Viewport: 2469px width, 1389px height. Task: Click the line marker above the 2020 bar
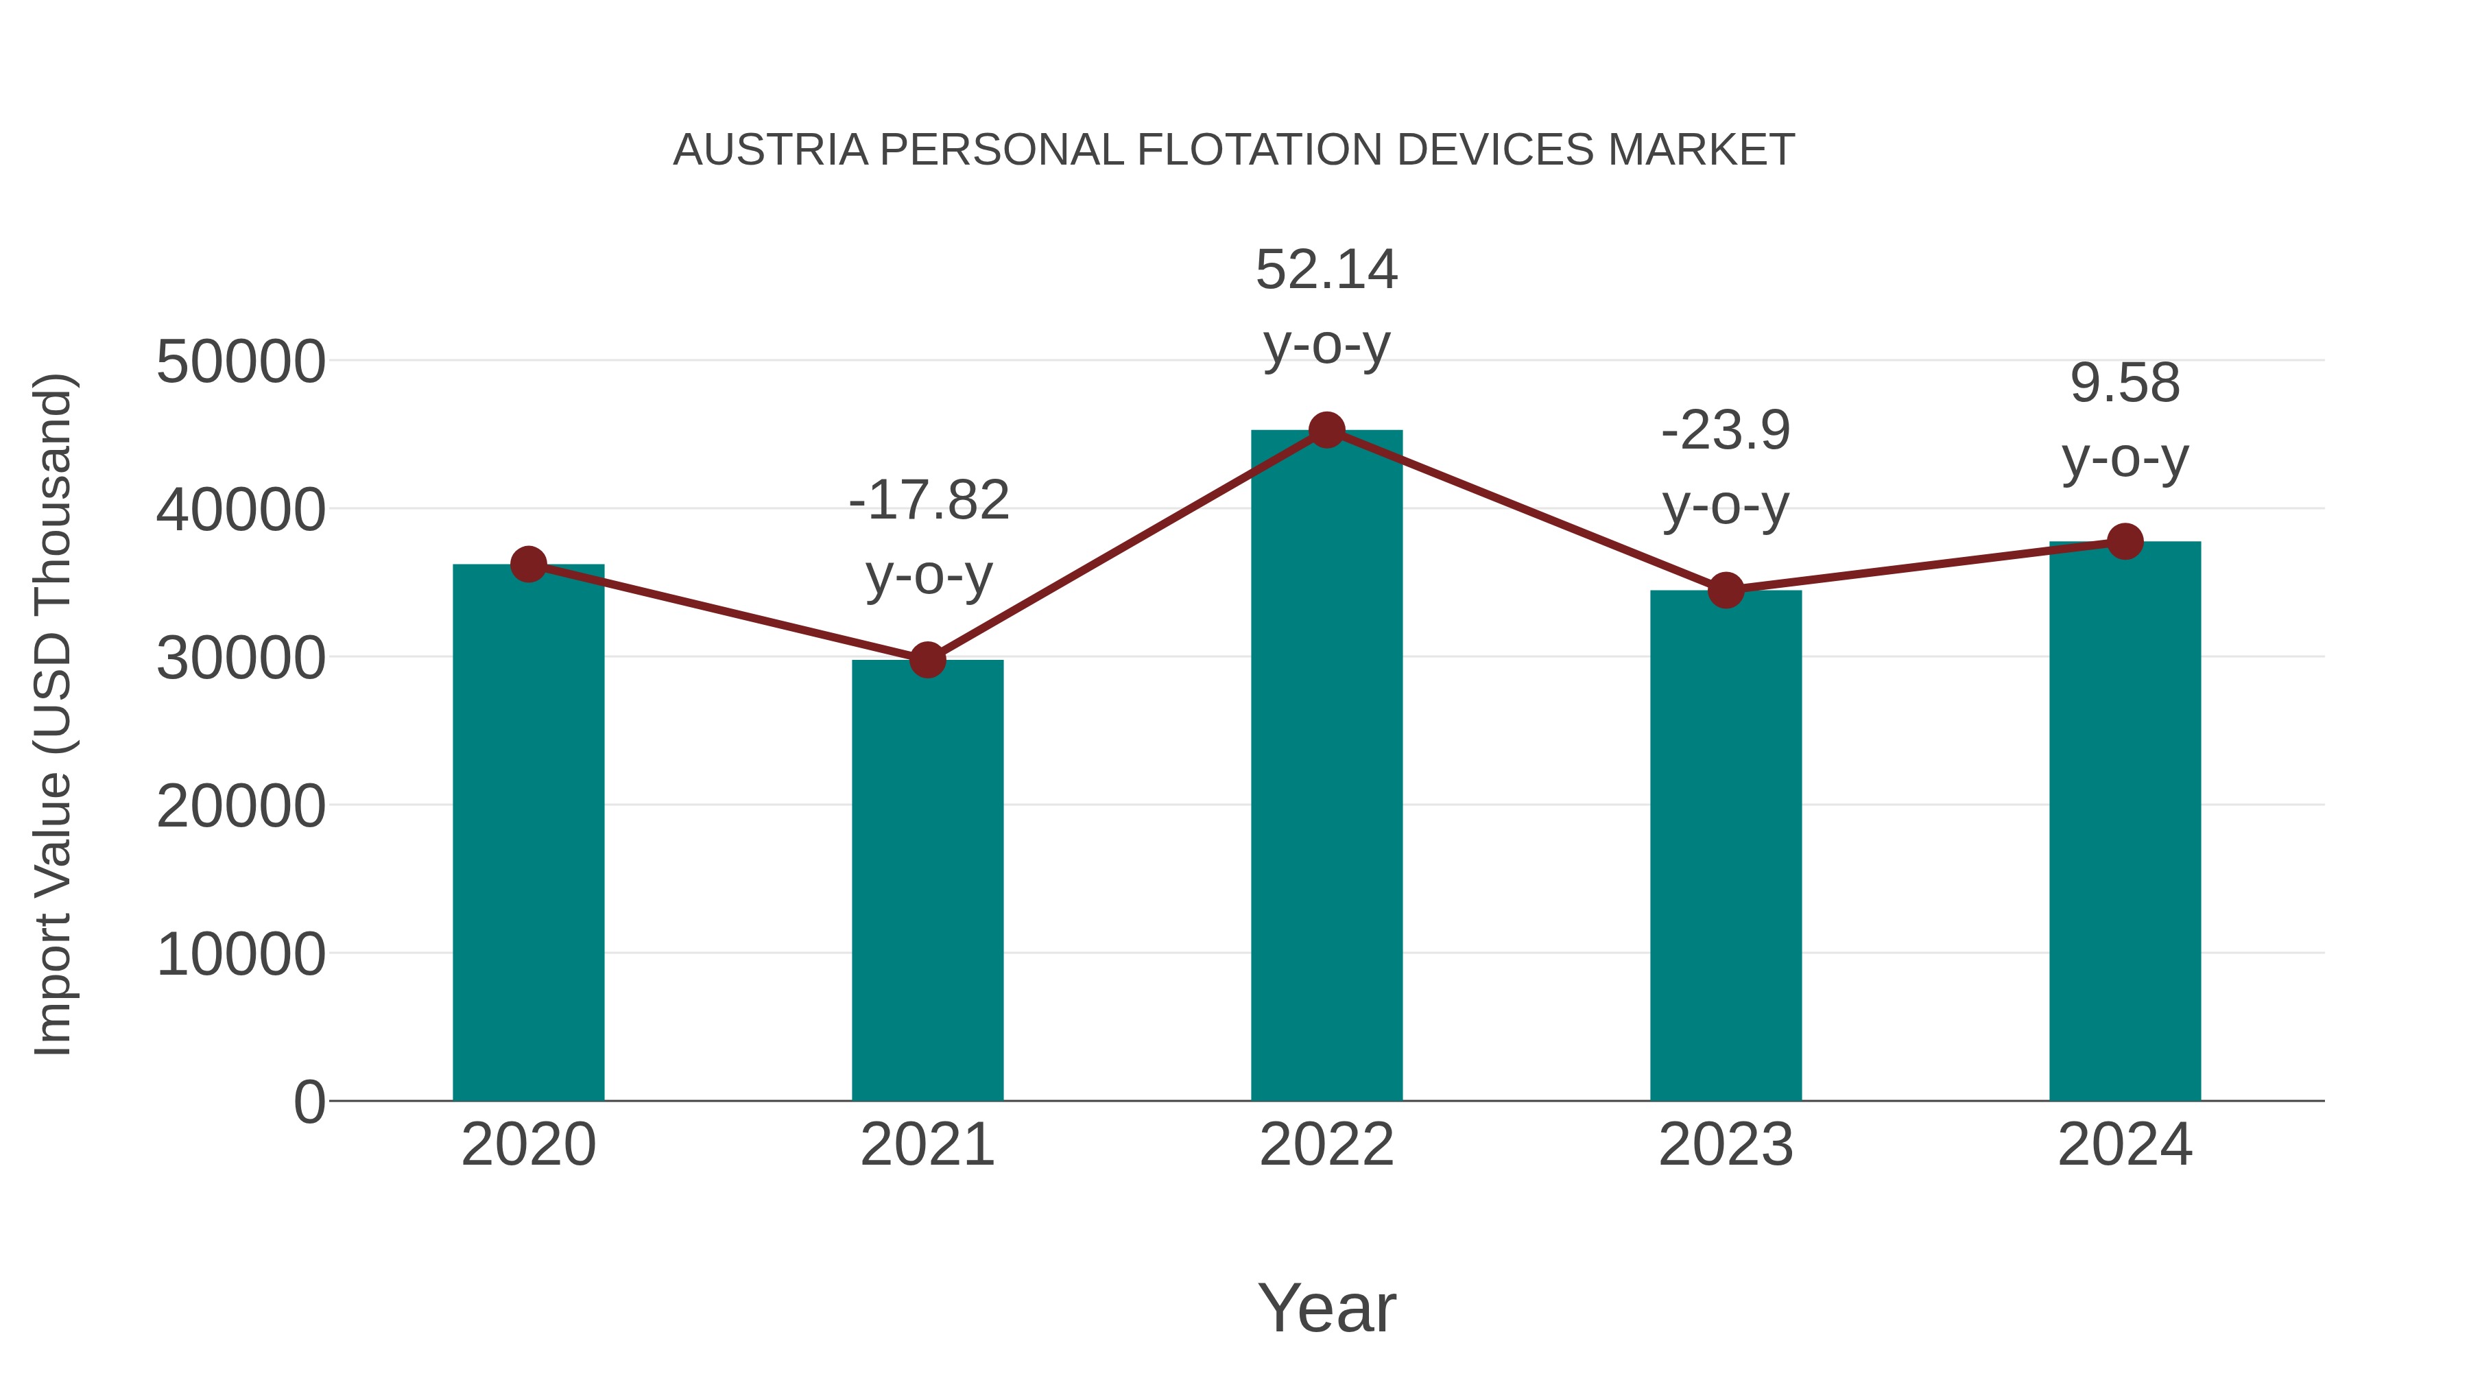tap(528, 565)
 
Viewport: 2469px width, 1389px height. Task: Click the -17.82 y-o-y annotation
tap(929, 537)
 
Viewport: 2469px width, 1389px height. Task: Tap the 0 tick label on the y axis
tap(309, 1102)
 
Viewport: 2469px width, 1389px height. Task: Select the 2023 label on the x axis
tap(1726, 1145)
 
